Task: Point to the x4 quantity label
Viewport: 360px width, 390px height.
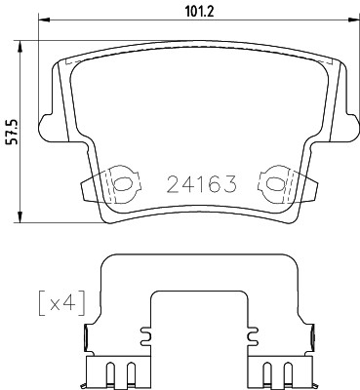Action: click(x=59, y=302)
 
